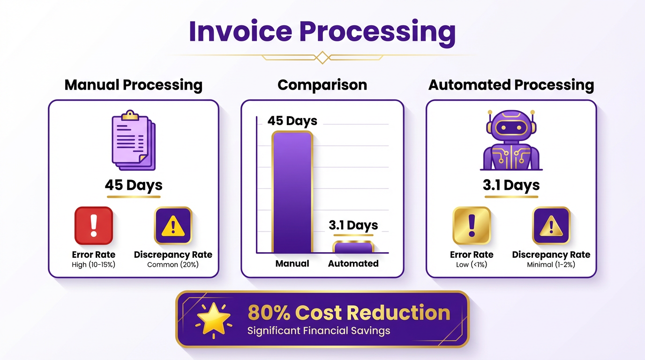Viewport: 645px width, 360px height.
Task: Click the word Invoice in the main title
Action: tap(239, 32)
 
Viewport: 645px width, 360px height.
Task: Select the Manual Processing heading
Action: tap(134, 85)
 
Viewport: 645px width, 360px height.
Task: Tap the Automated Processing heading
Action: tap(511, 85)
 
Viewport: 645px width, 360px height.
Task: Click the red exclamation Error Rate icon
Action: tap(94, 225)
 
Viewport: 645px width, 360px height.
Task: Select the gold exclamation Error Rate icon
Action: tap(472, 225)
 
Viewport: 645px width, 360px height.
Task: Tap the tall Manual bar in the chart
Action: tap(292, 192)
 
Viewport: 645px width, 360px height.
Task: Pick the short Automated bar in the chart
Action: tap(353, 247)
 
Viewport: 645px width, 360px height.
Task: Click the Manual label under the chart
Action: tap(292, 263)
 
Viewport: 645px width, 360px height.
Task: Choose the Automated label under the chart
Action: tap(353, 263)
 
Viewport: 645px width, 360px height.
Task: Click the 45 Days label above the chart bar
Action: tap(292, 121)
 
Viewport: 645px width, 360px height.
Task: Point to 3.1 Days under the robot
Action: tap(511, 185)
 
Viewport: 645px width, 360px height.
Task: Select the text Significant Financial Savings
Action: tap(319, 331)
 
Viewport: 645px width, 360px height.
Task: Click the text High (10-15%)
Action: tap(94, 265)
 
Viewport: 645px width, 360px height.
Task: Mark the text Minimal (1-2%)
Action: tap(551, 265)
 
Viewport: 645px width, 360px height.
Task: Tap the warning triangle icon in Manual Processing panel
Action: tap(173, 225)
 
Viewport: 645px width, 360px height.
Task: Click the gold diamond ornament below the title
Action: tap(322, 58)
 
